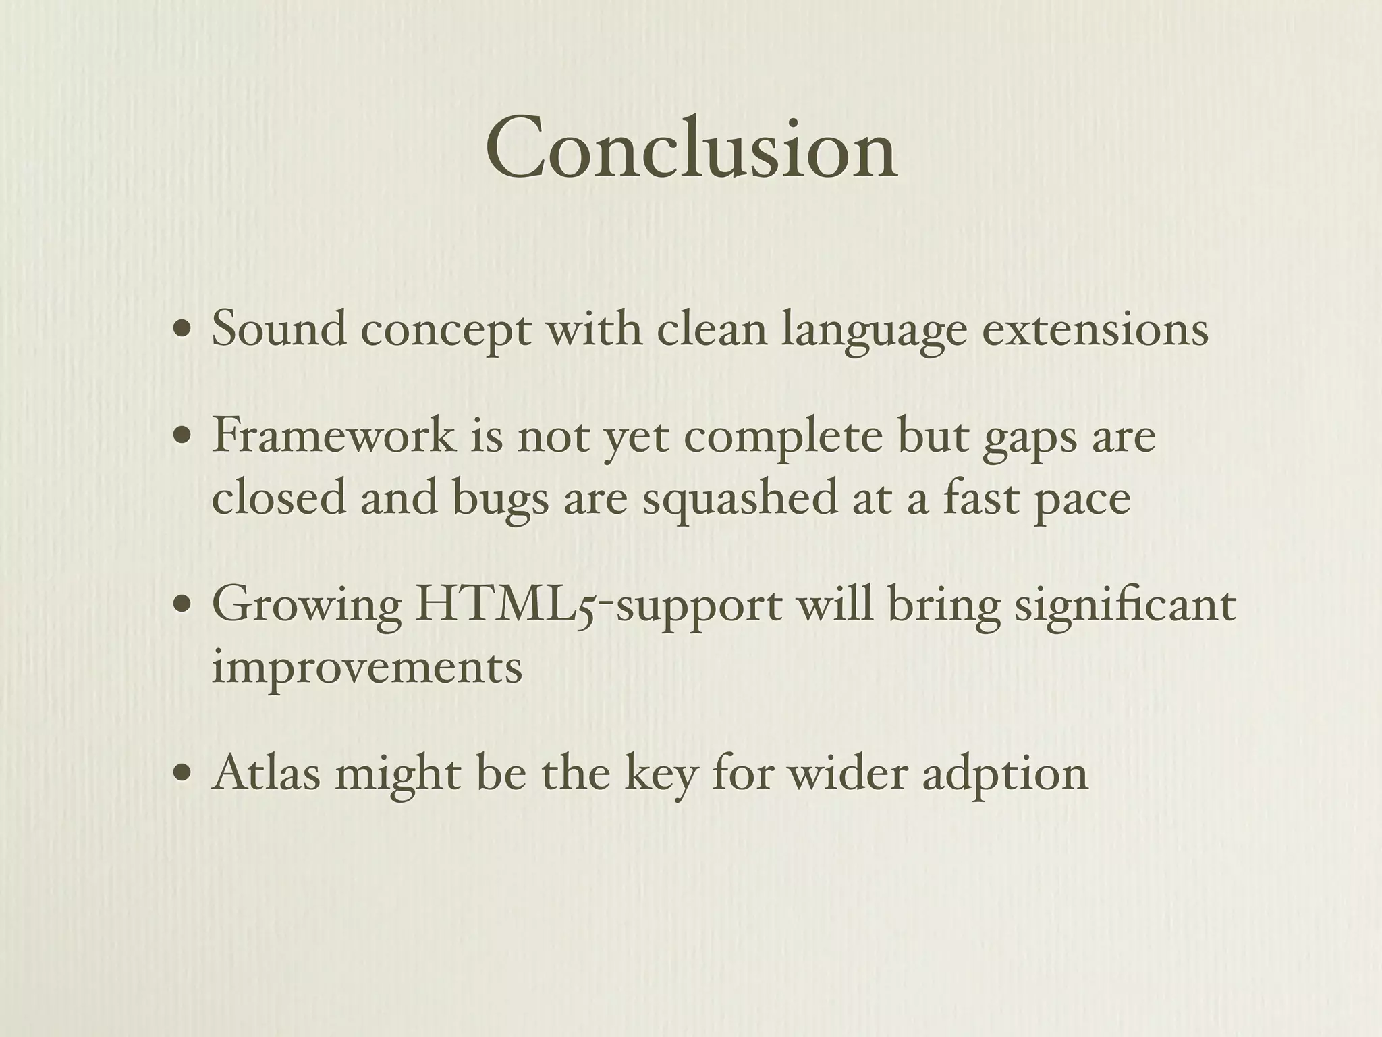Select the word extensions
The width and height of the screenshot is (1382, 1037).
click(1095, 329)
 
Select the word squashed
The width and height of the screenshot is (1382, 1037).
click(740, 498)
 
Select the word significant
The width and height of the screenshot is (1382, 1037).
click(1125, 606)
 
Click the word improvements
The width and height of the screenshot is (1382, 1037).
click(367, 667)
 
